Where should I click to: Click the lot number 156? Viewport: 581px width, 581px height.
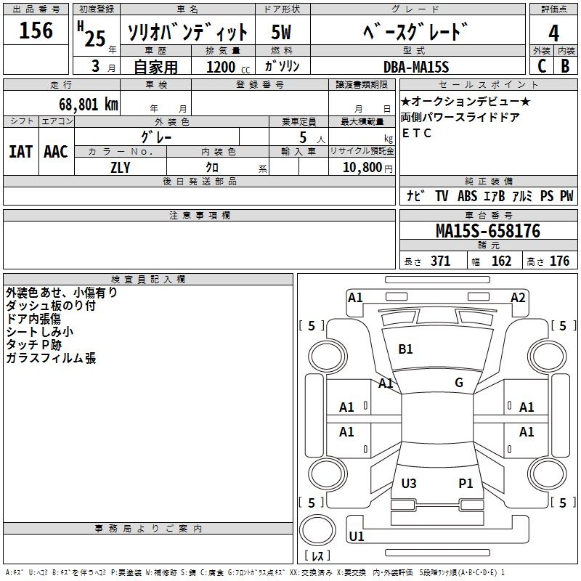(x=36, y=31)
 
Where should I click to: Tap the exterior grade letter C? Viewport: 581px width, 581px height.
(x=541, y=65)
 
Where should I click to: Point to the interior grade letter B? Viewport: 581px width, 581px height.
(x=566, y=65)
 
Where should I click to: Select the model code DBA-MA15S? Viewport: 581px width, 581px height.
(x=416, y=66)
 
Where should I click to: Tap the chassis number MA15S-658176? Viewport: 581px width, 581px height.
(x=488, y=232)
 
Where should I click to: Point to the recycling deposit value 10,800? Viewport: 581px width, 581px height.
(x=361, y=166)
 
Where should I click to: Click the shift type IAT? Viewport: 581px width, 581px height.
(x=20, y=151)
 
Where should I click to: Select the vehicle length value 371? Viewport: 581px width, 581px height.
(x=440, y=261)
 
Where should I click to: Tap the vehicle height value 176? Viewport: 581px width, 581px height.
(x=559, y=261)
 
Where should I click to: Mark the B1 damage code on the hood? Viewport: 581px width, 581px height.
(x=405, y=349)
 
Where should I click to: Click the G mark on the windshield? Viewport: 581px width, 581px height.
(x=459, y=383)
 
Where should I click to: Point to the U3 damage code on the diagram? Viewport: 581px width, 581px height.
(x=409, y=483)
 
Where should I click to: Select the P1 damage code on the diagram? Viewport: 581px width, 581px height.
(x=466, y=483)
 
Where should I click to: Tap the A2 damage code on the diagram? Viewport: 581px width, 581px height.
(x=518, y=298)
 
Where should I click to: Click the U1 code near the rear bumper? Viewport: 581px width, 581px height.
(x=357, y=537)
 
